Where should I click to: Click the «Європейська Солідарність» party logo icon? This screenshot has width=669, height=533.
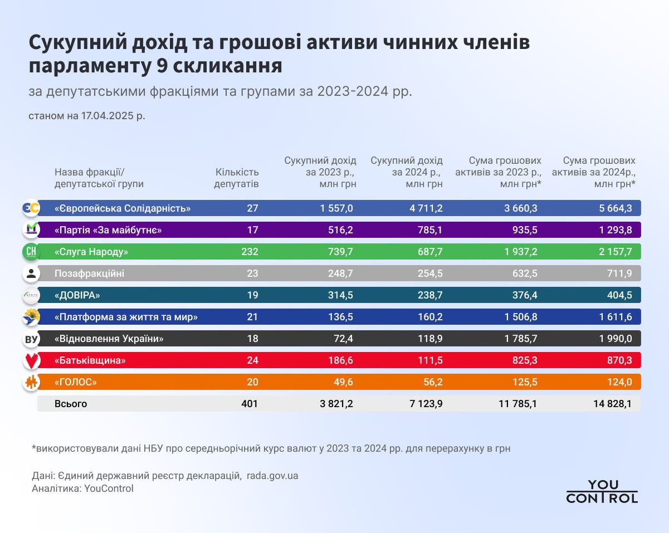point(31,208)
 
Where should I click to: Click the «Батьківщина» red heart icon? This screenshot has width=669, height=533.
point(31,361)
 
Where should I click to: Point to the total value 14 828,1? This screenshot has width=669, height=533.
point(612,404)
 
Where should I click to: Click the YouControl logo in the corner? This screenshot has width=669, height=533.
point(602,491)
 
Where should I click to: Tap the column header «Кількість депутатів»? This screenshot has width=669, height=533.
point(236,178)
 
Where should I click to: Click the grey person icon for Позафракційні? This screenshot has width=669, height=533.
point(31,273)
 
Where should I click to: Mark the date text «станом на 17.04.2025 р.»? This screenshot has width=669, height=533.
point(86,117)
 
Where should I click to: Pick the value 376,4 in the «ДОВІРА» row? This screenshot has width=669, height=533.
point(525,295)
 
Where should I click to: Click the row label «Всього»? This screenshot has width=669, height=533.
point(71,404)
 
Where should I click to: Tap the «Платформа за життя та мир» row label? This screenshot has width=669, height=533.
point(126,317)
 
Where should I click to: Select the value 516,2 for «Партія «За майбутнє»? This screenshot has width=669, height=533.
point(340,230)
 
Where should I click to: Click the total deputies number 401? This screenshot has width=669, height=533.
point(250,404)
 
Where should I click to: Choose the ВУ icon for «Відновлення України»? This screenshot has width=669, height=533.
point(31,339)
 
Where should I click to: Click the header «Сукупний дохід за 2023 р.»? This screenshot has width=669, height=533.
point(320,172)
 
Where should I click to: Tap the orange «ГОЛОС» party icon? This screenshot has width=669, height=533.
point(31,383)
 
